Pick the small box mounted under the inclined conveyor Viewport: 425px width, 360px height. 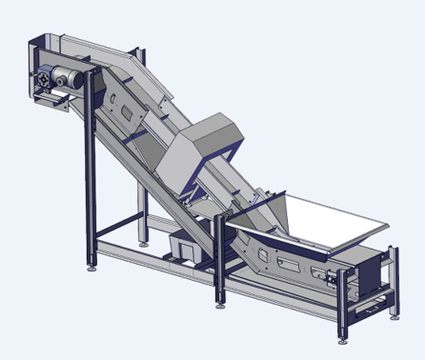(182, 247)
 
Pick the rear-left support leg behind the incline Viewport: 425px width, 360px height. (144, 210)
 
